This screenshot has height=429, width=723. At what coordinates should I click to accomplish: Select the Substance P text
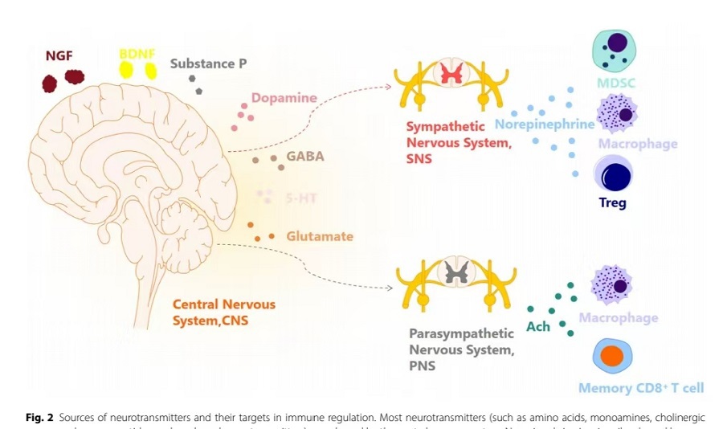(208, 63)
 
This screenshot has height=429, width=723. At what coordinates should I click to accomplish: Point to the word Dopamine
(284, 99)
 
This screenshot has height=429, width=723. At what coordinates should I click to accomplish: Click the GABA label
(306, 156)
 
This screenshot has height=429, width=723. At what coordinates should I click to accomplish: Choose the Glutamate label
(319, 236)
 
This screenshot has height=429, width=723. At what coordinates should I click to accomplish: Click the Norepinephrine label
(544, 125)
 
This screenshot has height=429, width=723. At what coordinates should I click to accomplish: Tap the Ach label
(537, 326)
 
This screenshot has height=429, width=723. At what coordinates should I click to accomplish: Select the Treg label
(612, 202)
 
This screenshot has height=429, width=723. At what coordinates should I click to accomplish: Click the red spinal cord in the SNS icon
(449, 75)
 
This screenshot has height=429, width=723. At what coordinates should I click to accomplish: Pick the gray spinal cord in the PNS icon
(449, 276)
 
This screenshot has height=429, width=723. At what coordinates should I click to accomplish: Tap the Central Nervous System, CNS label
(224, 312)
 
